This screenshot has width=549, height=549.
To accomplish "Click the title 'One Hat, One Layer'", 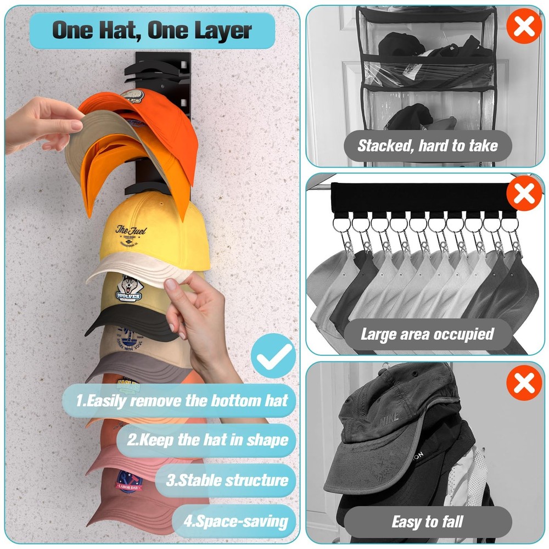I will click(152, 30).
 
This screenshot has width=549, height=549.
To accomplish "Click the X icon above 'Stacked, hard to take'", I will click(523, 25).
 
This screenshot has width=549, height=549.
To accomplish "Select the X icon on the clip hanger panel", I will click(524, 194).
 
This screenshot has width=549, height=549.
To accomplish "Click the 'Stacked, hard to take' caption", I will click(428, 145).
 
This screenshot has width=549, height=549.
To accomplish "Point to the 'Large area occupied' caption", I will click(428, 334).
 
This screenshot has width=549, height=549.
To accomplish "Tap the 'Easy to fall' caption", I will click(428, 522).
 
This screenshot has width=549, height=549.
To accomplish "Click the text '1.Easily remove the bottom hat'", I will click(181, 400).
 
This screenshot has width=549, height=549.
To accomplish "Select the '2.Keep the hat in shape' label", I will click(207, 440).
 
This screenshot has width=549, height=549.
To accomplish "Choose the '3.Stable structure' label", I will click(227, 480).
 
